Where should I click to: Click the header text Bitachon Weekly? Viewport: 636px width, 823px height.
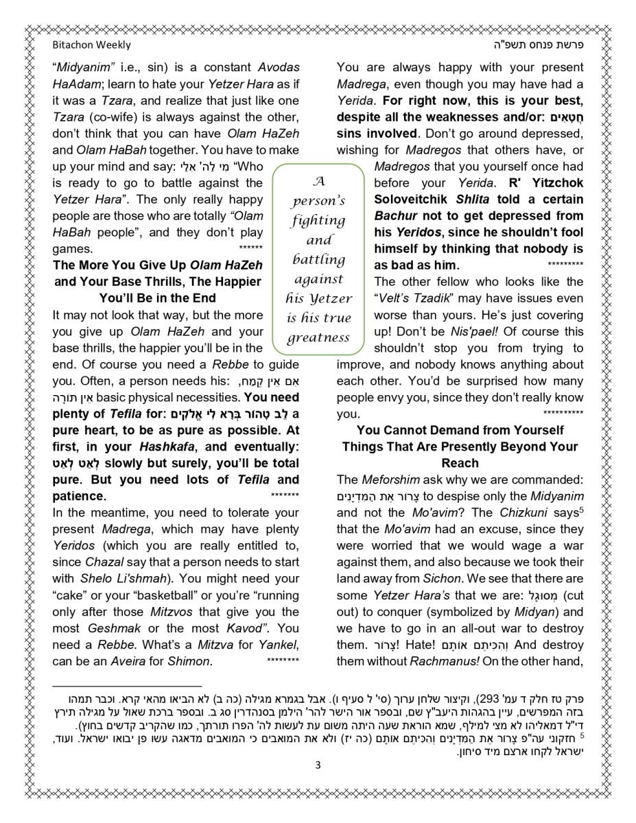pyautogui.click(x=91, y=45)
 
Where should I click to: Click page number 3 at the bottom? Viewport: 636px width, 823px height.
pyautogui.click(x=318, y=765)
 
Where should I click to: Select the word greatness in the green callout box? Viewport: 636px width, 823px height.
pyautogui.click(x=318, y=337)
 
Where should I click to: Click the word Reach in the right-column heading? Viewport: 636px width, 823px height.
pyautogui.click(x=460, y=463)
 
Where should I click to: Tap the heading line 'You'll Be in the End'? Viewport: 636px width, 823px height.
pyautogui.click(x=157, y=298)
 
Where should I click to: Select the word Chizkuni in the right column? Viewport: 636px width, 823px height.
pyautogui.click(x=523, y=513)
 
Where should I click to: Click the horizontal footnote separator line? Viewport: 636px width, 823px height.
pyautogui.click(x=127, y=686)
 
